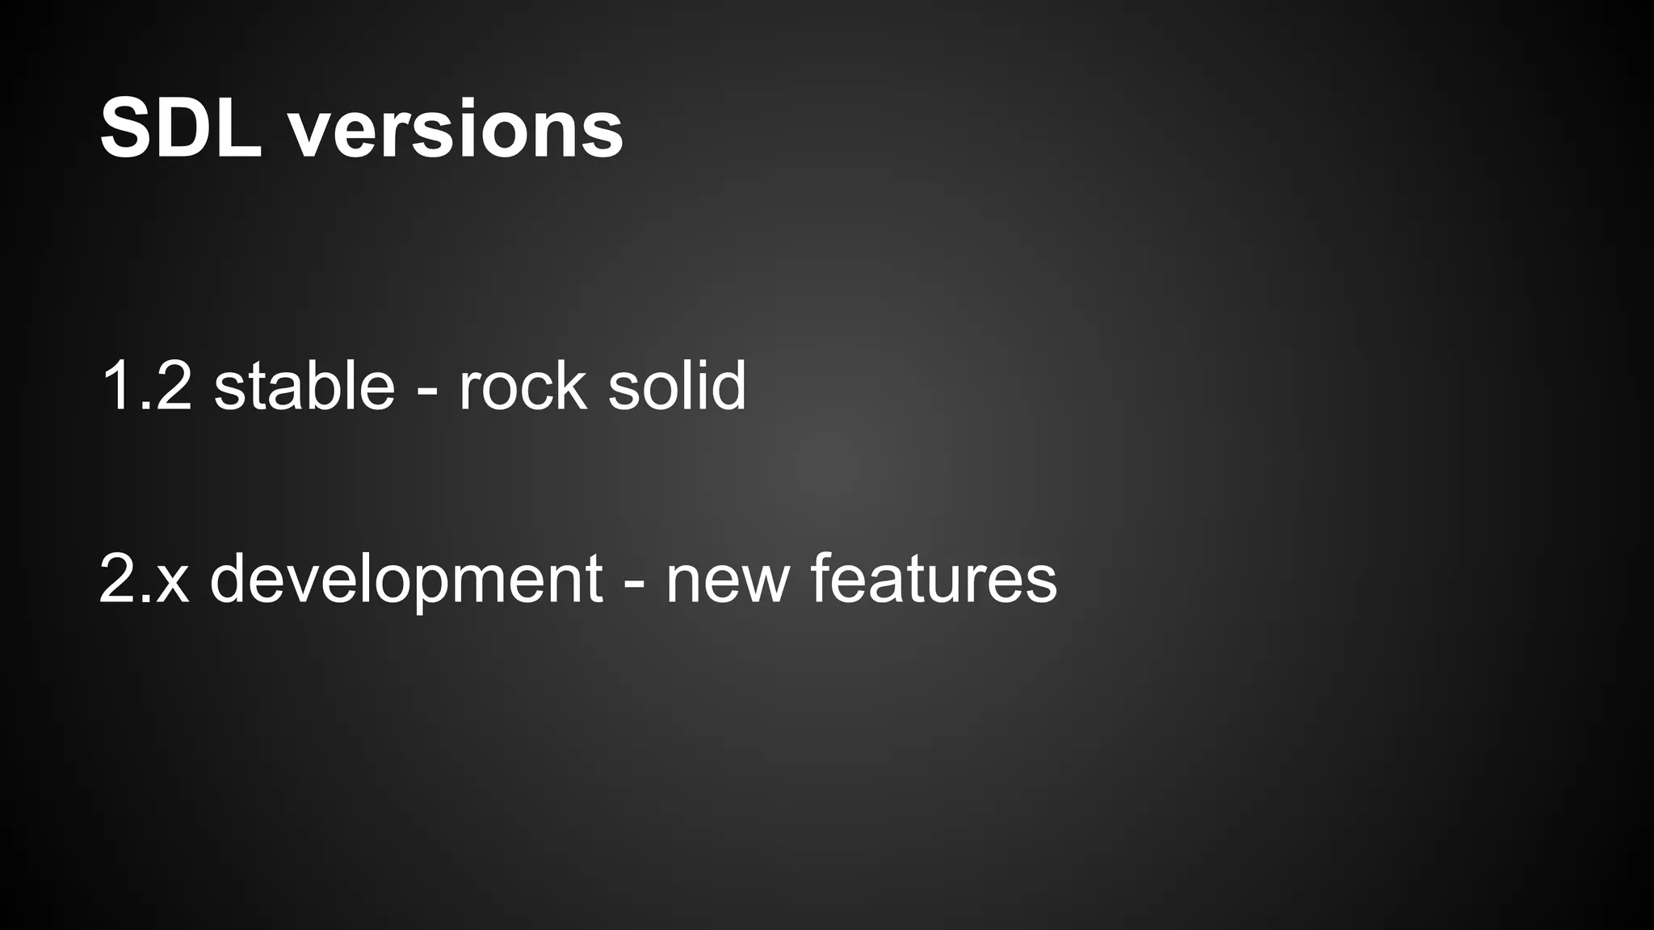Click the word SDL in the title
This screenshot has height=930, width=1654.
point(181,129)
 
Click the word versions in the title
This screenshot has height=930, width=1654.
point(456,131)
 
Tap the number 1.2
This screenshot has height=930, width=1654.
point(146,387)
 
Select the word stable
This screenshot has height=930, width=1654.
point(304,385)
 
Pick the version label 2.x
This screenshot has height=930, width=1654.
point(144,579)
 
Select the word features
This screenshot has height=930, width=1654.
point(933,579)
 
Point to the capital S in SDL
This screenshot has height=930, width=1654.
point(128,129)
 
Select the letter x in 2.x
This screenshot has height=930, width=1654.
point(173,583)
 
